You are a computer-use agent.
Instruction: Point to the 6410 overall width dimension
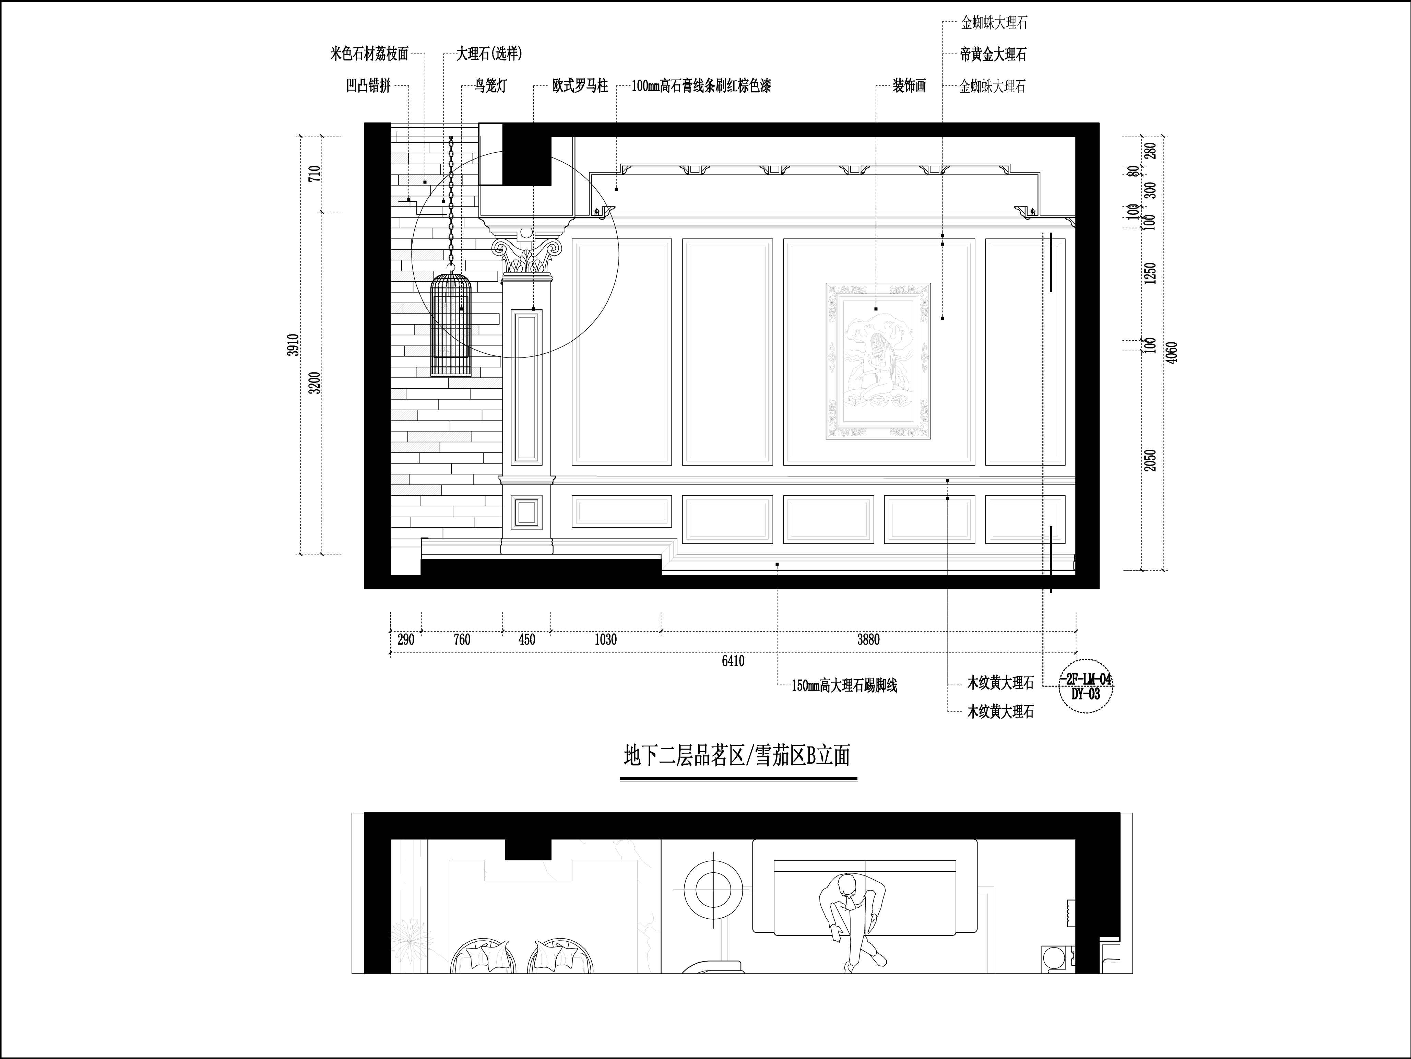point(733,661)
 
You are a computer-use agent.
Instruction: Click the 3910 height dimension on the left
point(293,345)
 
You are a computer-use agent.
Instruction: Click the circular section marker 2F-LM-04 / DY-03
point(1086,686)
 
